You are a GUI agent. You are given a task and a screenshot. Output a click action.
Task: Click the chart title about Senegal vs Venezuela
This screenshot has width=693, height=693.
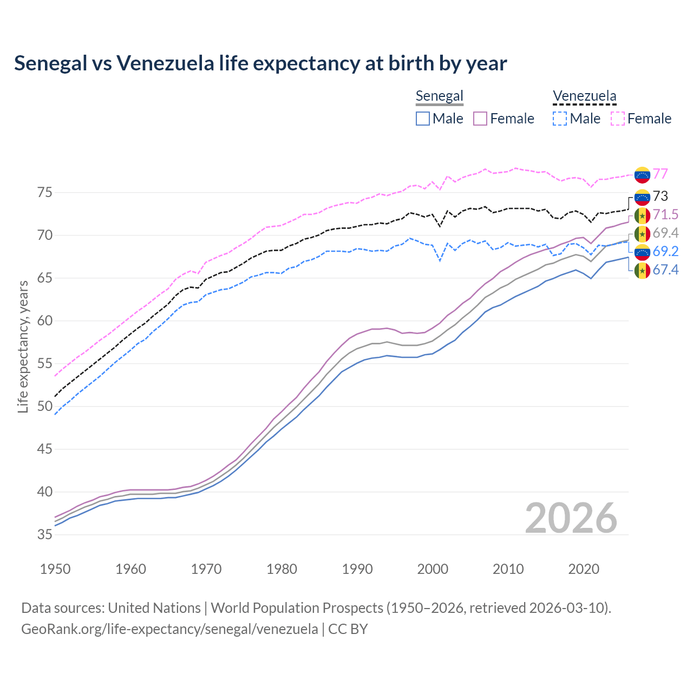260,63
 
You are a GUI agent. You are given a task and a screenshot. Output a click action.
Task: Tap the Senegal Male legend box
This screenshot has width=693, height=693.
423,119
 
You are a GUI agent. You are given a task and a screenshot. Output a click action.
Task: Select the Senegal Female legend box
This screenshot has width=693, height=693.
481,119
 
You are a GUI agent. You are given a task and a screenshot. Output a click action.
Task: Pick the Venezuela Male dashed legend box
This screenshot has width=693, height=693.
560,119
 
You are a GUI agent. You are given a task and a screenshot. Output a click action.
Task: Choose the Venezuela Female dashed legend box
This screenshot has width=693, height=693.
618,119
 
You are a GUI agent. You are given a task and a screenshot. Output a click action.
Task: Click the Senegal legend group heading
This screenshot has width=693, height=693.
439,96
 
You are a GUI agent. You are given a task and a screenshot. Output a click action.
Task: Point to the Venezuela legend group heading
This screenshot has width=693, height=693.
584,96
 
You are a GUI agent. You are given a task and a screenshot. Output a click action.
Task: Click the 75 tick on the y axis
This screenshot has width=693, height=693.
45,193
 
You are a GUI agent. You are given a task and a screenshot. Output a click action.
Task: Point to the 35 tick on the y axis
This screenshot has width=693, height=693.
45,535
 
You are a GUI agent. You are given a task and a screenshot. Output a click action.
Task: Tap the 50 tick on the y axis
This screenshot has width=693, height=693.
45,407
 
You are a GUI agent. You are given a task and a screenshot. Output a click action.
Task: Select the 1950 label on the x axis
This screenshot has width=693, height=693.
55,569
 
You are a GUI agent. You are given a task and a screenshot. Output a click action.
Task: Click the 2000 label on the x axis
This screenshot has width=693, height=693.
433,569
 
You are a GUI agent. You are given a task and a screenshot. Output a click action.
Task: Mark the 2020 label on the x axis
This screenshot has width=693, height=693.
584,569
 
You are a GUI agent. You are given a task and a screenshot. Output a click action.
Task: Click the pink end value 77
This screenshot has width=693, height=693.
660,174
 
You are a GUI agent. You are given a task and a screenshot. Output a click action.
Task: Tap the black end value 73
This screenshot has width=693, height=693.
660,196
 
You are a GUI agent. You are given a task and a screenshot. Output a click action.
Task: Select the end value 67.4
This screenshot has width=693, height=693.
665,270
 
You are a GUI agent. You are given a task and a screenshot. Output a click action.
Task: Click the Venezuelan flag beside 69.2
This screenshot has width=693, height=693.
642,252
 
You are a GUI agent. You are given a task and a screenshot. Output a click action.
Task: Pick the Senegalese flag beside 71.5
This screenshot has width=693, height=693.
642,215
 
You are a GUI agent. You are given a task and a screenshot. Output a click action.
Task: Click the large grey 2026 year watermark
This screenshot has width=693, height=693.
571,518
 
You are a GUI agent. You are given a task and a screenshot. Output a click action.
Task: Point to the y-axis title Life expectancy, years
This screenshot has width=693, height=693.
23,346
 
